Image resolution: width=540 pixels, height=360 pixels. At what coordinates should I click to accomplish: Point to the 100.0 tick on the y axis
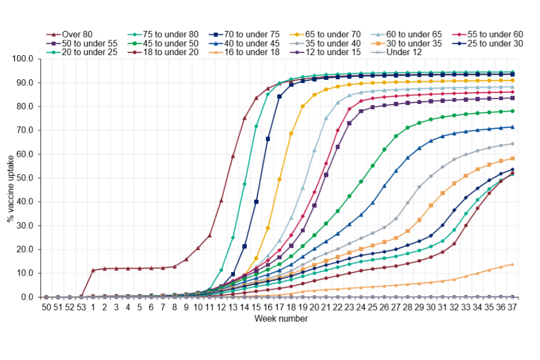tap(28, 59)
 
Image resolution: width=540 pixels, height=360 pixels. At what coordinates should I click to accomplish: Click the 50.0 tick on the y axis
tap(29, 178)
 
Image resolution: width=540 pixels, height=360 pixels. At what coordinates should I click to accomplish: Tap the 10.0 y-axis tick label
tap(29, 273)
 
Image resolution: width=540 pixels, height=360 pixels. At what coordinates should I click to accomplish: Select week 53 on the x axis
tap(82, 308)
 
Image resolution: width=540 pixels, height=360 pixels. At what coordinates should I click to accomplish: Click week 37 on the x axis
tap(512, 308)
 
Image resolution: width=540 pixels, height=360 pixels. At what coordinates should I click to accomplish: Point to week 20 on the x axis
tap(314, 308)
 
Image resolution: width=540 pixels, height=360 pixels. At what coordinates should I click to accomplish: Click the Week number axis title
tap(280, 319)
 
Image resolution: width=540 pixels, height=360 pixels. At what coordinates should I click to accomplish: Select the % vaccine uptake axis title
tap(10, 178)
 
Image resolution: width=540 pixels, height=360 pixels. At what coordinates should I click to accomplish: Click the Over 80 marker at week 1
tap(93, 270)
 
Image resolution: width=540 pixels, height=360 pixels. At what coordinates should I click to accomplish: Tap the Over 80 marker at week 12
tap(221, 201)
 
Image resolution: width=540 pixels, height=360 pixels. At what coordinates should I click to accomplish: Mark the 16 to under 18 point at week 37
tap(512, 264)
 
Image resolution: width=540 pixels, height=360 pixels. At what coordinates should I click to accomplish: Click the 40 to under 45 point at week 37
tap(512, 127)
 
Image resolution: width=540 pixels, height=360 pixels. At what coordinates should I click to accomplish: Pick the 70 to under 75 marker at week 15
tap(256, 201)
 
